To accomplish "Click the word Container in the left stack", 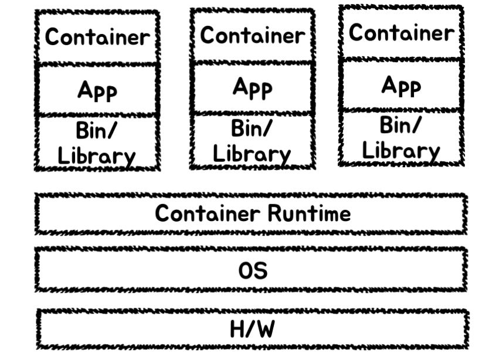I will tap(97, 38).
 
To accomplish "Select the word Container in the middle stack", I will tap(252, 36).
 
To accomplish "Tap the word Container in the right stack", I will tap(401, 33).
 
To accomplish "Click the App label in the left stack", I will tap(97, 91).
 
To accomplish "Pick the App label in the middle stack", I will tap(252, 88).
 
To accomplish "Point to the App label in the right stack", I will tap(401, 86).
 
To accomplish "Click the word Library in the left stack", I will tap(97, 157).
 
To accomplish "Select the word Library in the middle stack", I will tap(252, 154).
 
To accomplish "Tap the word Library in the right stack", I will tap(401, 151).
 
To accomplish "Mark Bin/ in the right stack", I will tap(400, 125).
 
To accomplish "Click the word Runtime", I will tap(309, 213).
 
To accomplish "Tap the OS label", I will tap(252, 271).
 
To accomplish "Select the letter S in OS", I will tap(260, 271).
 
